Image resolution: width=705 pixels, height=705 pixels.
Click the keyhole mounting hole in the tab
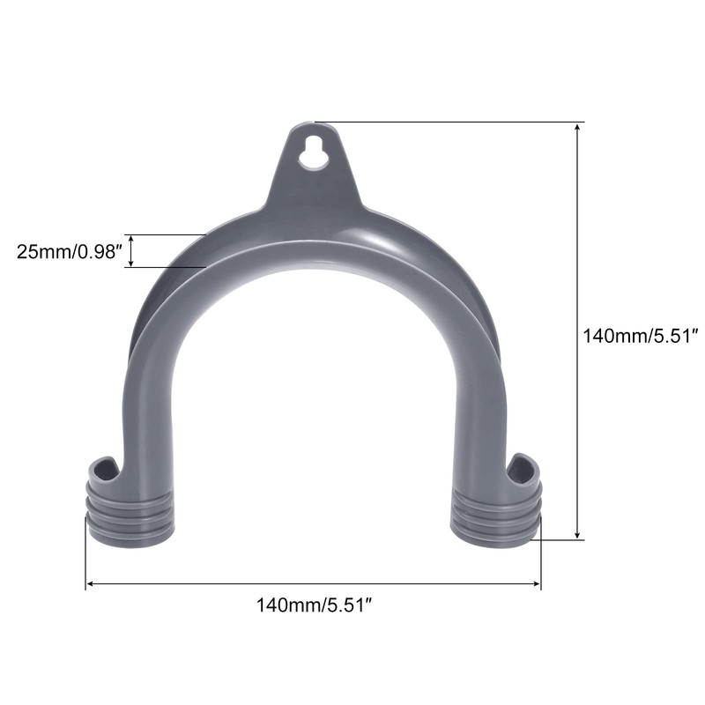(x=313, y=152)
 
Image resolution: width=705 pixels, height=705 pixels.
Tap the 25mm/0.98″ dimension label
(x=67, y=251)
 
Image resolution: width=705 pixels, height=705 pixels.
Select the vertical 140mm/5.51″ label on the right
(x=641, y=336)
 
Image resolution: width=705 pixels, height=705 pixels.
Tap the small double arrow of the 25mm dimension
(x=131, y=251)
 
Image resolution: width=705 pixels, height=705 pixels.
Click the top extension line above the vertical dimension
(x=449, y=122)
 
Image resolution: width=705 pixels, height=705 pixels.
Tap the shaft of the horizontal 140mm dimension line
(x=313, y=583)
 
